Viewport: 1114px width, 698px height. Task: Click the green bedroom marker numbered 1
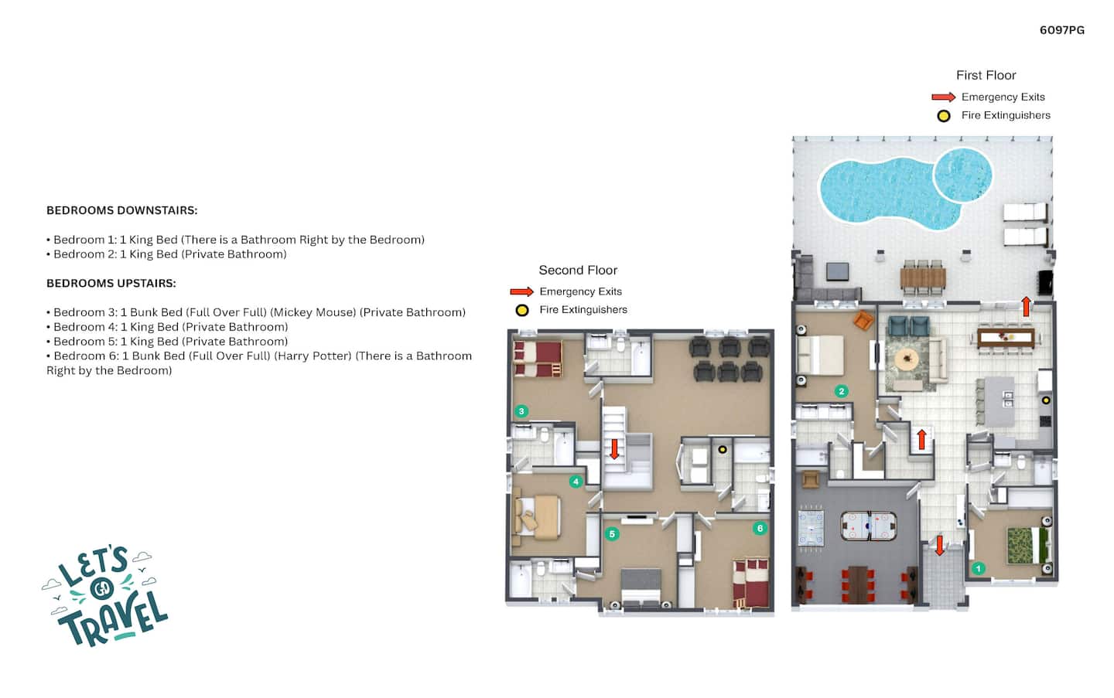[978, 568]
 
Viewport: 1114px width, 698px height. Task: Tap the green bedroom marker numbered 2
[841, 391]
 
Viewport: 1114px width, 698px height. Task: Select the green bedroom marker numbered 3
[521, 411]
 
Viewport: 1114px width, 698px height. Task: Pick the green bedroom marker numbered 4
[576, 482]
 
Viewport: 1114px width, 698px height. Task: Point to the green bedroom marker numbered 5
[612, 534]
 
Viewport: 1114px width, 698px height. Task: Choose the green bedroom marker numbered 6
[760, 528]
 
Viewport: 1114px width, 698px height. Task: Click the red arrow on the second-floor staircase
[614, 449]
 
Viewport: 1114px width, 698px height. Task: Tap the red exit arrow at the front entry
[939, 545]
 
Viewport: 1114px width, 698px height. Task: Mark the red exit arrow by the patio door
[1026, 306]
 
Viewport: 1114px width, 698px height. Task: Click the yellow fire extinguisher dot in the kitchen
[1047, 400]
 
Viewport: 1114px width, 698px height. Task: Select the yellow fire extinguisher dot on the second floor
[722, 450]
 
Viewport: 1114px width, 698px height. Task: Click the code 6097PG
[1061, 30]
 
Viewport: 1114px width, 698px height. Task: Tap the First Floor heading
[986, 75]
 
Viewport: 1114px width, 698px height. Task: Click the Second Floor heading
[578, 271]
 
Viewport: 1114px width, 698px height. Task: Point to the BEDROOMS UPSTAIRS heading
[111, 283]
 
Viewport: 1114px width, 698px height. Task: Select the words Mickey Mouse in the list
[315, 312]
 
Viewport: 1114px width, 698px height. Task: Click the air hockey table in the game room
[868, 525]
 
